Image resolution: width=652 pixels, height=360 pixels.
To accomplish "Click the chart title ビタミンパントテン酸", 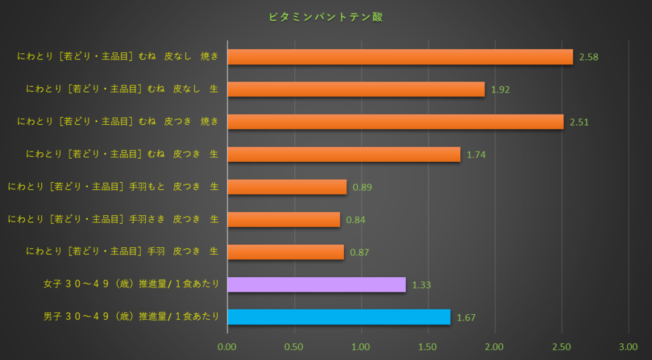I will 326,18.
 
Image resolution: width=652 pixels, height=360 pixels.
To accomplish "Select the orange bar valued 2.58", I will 400,57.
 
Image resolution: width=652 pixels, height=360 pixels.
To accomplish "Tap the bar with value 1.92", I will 356,89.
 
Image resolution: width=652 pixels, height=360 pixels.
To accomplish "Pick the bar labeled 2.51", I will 395,122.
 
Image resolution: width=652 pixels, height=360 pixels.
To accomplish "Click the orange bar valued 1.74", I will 344,154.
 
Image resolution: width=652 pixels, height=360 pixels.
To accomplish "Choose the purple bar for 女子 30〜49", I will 316,284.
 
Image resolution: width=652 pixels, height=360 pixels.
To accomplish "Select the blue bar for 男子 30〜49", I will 339,317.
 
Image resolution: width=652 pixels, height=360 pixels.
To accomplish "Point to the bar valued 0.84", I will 283,219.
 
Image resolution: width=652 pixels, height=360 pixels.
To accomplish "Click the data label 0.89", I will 362,187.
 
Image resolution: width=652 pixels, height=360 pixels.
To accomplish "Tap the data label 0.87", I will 359,252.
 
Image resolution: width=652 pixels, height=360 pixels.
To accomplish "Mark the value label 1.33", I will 422,285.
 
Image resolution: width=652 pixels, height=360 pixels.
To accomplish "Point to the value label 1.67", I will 466,317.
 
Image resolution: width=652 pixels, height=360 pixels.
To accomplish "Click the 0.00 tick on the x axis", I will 227,347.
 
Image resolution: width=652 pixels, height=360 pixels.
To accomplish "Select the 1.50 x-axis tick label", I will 428,347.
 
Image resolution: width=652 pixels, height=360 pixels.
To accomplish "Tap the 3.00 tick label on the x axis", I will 628,347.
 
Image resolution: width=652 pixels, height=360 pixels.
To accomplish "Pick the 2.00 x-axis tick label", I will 495,347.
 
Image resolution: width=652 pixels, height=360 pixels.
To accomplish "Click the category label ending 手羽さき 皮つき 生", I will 113,219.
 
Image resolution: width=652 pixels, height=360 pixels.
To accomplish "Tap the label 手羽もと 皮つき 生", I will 113,187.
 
